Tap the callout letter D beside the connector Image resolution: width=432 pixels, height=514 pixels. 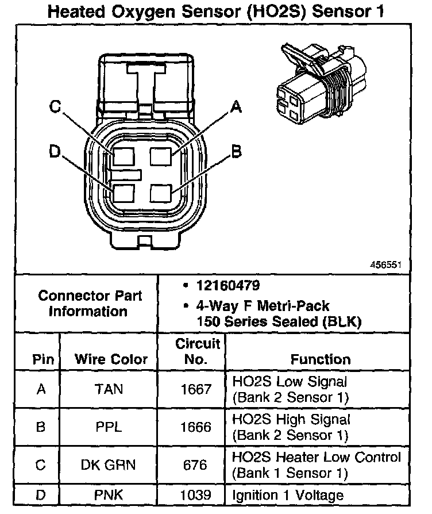click(x=55, y=151)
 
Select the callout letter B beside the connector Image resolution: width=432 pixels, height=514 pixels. click(x=236, y=151)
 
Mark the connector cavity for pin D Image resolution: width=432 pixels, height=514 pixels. click(x=124, y=193)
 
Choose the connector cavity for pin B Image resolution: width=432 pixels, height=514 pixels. click(x=161, y=193)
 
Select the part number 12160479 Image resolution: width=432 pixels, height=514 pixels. click(x=227, y=285)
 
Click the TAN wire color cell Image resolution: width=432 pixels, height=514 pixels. click(x=108, y=389)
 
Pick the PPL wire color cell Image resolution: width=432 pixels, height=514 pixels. click(x=108, y=428)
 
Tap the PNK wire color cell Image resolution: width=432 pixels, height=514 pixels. click(x=108, y=494)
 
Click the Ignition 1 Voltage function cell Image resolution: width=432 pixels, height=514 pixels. click(x=287, y=494)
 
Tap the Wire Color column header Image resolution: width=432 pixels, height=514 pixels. click(x=111, y=360)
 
